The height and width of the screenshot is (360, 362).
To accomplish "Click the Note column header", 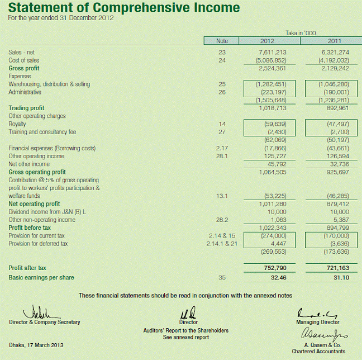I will pos(222,41).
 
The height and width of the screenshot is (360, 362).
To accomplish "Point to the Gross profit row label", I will pos(24,68).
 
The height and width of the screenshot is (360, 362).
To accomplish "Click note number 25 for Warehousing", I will pos(222,84).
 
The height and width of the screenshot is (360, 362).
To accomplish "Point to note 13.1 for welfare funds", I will pos(222,196).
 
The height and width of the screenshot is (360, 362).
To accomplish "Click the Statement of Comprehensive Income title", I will pos(124,8).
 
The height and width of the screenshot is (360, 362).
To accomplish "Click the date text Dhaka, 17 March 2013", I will pos(36,345).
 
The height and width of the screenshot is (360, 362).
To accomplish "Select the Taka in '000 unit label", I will pos(301,33).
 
